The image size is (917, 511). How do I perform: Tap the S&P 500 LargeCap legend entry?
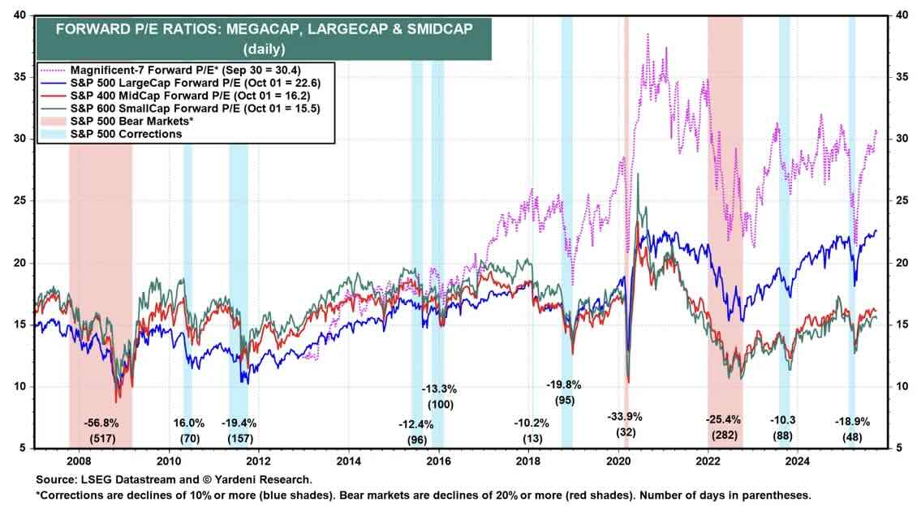[186, 82]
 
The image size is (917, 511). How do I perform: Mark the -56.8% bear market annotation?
[102, 423]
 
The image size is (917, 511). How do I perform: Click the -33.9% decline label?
[625, 417]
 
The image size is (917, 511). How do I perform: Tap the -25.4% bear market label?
[725, 420]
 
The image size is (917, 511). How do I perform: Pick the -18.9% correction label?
[853, 423]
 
